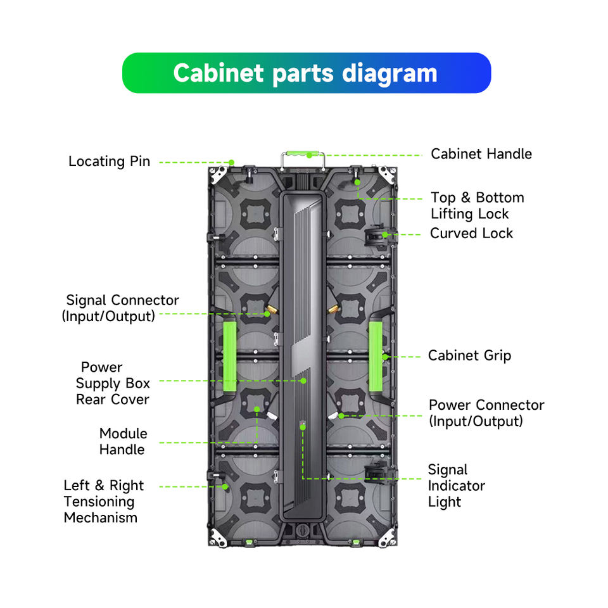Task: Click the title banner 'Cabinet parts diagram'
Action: [307, 73]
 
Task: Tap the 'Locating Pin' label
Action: [110, 161]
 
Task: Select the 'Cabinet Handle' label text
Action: [481, 154]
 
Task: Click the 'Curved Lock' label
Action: [471, 234]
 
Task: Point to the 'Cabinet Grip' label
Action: [469, 355]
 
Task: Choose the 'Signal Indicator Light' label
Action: [457, 486]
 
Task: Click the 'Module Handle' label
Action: [123, 441]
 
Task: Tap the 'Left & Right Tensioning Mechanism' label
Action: [103, 502]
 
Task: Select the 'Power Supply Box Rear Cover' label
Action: [113, 383]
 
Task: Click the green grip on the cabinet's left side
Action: [229, 356]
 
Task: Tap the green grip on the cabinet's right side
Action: [376, 356]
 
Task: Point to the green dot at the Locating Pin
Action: [231, 163]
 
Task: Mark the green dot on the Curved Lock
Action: [384, 234]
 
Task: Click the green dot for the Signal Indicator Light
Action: [303, 427]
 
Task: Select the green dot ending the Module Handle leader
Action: [256, 410]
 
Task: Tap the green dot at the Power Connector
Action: [341, 416]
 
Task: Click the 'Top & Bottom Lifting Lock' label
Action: [478, 205]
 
